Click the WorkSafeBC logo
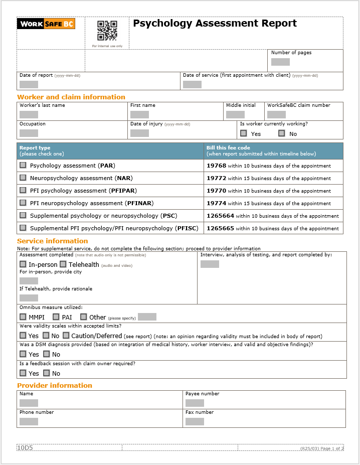pos(46,24)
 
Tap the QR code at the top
pos(107,31)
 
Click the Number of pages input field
pos(280,62)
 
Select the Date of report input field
pos(29,84)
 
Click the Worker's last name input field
pos(29,114)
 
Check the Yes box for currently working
pos(244,133)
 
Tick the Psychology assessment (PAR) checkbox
pos(23,165)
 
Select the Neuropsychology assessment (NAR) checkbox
pos(23,178)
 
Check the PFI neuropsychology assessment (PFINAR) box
pos(23,203)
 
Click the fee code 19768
pos(217,166)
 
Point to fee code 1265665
pos(221,228)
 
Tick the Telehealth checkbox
pos(63,264)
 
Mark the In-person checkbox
pos(23,264)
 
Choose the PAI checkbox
pos(56,317)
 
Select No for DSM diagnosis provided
pos(47,354)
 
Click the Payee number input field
pos(195,403)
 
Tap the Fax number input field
pos(195,421)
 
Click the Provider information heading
pos(55,385)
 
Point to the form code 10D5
pos(25,447)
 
